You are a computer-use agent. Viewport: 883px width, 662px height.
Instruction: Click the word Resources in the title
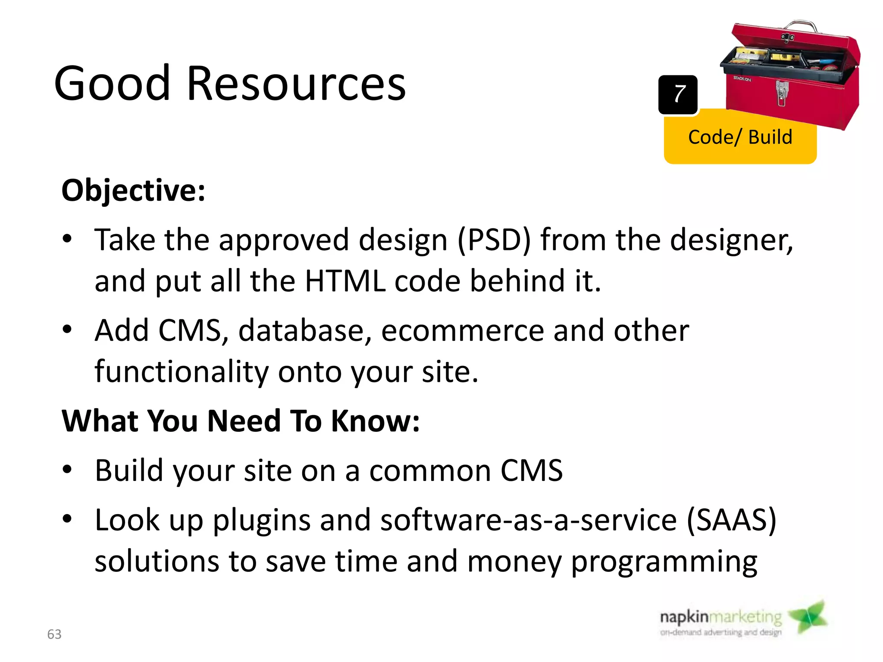296,84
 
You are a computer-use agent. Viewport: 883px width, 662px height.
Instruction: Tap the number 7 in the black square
679,94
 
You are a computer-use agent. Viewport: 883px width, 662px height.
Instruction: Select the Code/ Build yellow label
740,137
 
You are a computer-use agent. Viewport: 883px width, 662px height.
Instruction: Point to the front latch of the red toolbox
781,93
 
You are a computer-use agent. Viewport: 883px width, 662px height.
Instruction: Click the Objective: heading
133,190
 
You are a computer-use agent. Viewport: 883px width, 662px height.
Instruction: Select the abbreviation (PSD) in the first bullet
494,240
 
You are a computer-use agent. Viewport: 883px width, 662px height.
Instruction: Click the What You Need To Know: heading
241,421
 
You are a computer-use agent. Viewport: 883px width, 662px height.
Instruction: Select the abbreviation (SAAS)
731,520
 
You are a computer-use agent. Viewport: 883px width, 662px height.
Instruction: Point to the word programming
664,562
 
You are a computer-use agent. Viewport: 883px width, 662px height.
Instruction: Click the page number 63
54,634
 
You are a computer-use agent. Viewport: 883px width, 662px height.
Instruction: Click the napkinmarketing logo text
720,617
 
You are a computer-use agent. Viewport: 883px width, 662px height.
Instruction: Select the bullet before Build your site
67,470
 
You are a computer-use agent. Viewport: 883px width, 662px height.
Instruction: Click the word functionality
182,372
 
